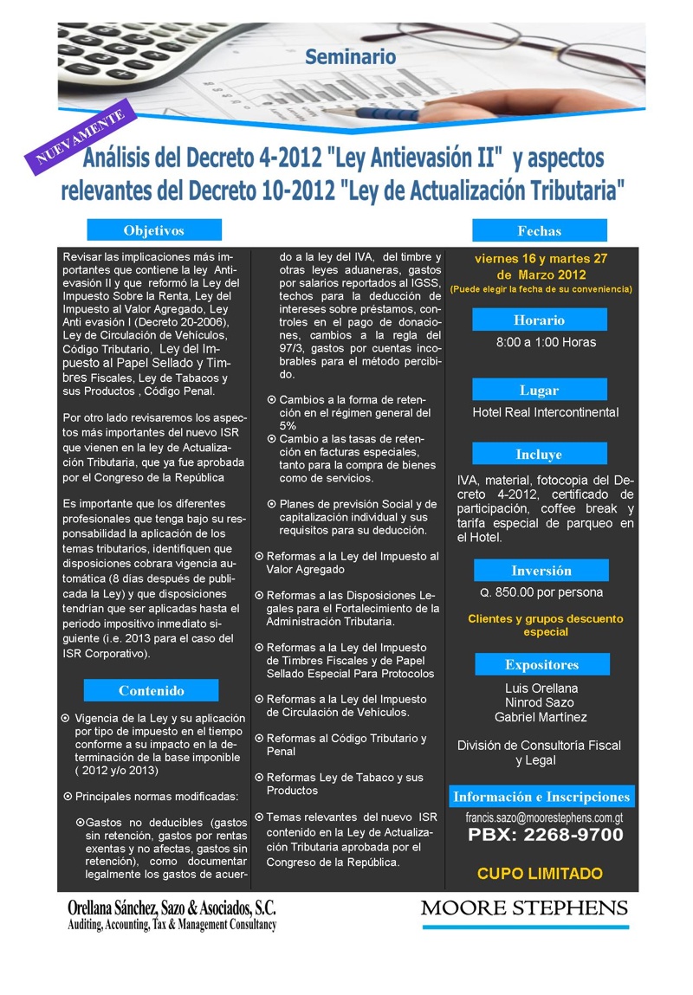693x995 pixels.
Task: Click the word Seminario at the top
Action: [350, 57]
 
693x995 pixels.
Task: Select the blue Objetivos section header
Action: [154, 230]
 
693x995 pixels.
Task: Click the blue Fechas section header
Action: [539, 231]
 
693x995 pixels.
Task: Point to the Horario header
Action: [539, 320]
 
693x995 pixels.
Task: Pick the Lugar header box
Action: [539, 391]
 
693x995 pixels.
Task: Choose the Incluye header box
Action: [539, 455]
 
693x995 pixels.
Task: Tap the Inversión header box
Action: [541, 571]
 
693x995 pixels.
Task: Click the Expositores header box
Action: [541, 665]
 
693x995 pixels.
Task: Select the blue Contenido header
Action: [152, 691]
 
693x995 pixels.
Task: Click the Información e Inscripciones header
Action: [542, 797]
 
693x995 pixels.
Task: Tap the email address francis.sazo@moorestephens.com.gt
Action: [544, 817]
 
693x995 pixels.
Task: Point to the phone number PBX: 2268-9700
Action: [546, 836]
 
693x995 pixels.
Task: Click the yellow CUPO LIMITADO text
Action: [540, 873]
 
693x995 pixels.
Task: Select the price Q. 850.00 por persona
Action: [542, 593]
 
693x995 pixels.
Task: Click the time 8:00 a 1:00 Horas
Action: [546, 342]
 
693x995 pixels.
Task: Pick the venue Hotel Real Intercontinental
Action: [546, 412]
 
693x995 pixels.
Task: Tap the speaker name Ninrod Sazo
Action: [541, 702]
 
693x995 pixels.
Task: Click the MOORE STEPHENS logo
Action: [524, 908]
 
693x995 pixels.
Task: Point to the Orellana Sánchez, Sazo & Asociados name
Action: [172, 908]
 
